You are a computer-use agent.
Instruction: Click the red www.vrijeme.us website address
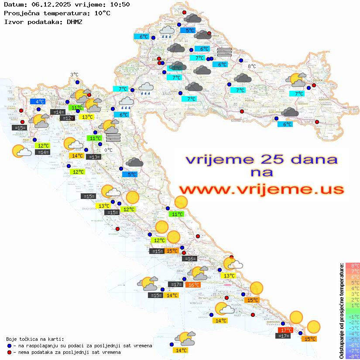[261, 189]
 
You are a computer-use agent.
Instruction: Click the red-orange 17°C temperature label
[286, 330]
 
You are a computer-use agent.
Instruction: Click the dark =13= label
[93, 157]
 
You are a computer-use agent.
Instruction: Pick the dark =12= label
[67, 118]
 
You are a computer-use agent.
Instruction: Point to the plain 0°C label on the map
[109, 150]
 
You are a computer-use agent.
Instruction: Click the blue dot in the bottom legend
[9, 346]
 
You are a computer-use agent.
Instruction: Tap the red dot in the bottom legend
[9, 352]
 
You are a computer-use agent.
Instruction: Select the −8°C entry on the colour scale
[352, 357]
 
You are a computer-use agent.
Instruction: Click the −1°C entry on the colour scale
[352, 316]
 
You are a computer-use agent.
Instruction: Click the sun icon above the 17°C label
[296, 317]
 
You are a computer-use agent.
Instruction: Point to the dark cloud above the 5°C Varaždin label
[192, 19]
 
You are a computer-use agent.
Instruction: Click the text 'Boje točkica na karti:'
[35, 339]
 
